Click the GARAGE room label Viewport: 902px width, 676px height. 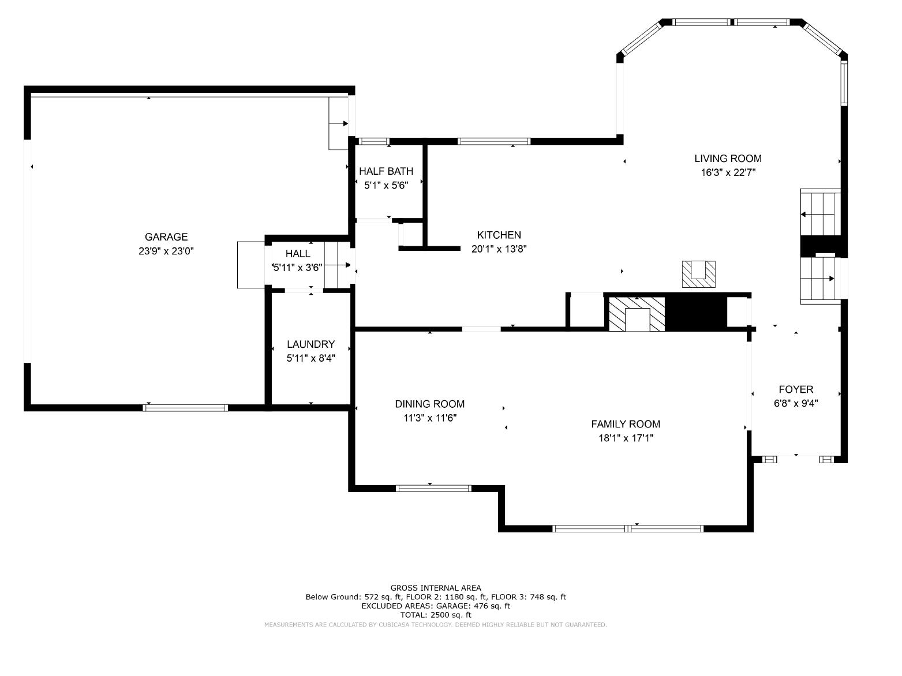166,237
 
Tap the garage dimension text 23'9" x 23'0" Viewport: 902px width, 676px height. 166,251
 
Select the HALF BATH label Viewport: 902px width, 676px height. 386,171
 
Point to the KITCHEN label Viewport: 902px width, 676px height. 499,235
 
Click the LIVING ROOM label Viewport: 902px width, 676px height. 728,159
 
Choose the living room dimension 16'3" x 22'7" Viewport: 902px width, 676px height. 728,172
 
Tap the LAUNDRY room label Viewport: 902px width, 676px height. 310,344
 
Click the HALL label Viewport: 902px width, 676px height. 298,254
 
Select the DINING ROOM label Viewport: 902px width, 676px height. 429,404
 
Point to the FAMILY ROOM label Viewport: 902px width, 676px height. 626,424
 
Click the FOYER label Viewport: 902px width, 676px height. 796,389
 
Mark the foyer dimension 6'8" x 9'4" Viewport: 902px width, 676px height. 796,404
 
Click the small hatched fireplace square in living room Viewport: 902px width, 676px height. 698,274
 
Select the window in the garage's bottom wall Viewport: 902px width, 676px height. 186,408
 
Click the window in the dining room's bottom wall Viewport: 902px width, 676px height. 433,489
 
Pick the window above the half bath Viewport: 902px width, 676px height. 374,141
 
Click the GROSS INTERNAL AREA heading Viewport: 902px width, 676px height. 436,588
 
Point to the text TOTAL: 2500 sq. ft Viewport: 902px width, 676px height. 436,615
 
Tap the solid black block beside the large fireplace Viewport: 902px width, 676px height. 695,313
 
